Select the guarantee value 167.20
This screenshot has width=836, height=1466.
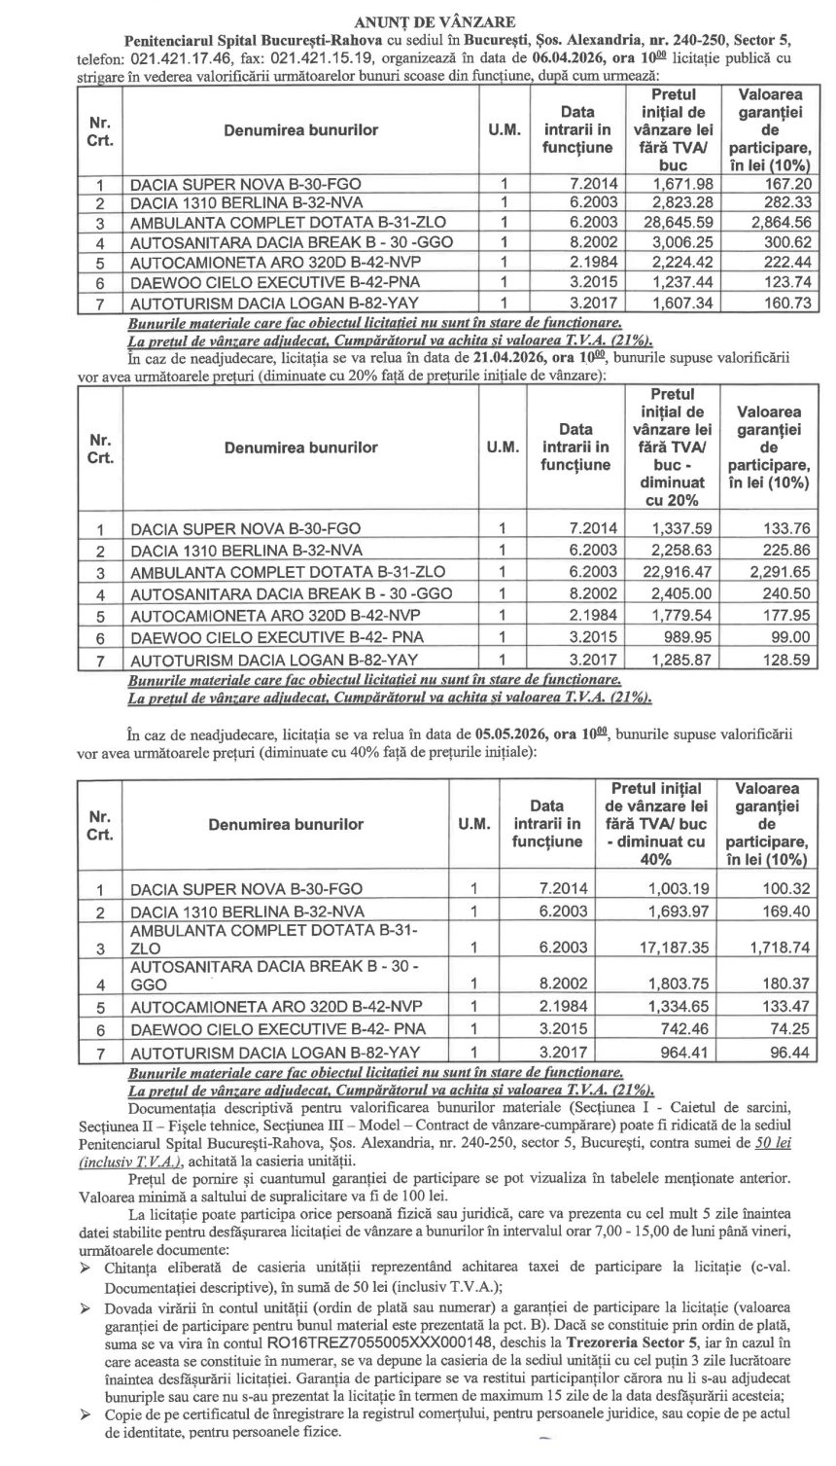(769, 184)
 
